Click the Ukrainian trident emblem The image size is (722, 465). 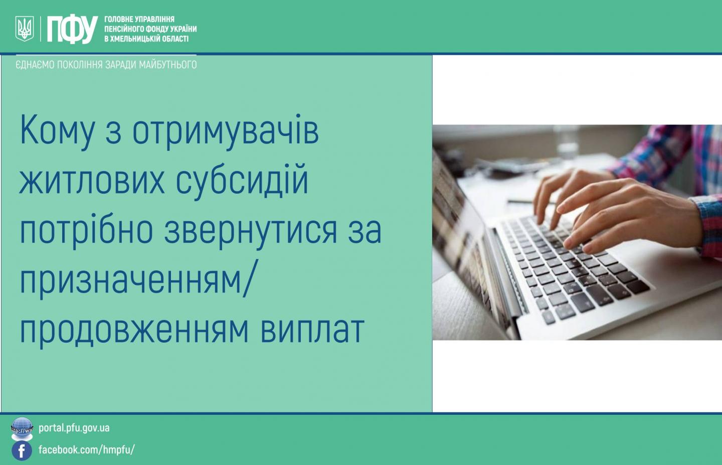pos(25,29)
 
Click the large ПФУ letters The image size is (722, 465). pos(72,29)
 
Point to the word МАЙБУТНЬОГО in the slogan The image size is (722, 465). pos(167,65)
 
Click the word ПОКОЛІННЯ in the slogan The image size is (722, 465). pos(80,65)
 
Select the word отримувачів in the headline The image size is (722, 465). pos(226,132)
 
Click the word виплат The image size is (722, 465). pos(312,329)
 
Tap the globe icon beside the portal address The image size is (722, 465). pos(22,428)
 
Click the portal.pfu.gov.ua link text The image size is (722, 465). pos(74,428)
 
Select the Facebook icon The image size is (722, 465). pos(22,450)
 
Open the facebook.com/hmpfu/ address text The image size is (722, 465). pos(87,449)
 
